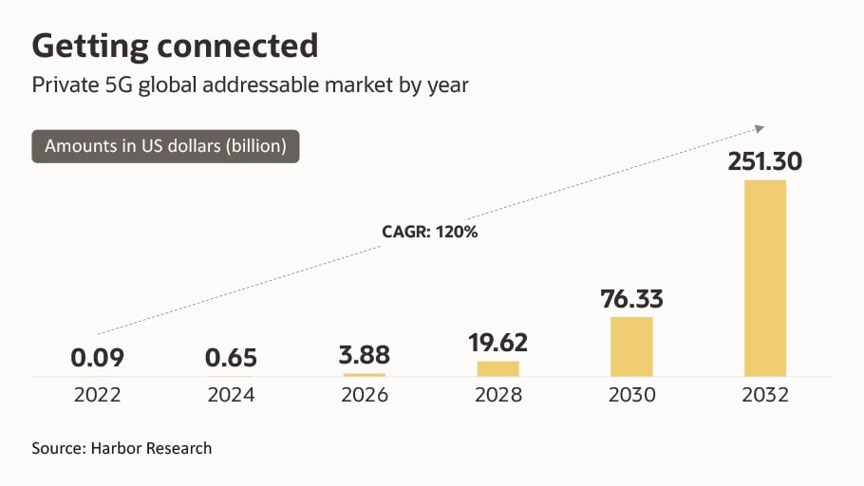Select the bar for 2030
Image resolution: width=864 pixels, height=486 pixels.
point(631,346)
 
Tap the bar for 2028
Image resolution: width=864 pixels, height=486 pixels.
point(498,368)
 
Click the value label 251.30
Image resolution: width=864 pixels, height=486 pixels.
point(765,161)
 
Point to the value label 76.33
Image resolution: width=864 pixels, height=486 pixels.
point(631,299)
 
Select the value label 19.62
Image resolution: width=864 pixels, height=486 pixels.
point(498,342)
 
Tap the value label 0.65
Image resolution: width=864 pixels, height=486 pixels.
point(231,358)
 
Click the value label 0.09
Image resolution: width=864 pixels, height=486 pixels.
point(97,358)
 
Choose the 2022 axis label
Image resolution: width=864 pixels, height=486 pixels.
point(97,395)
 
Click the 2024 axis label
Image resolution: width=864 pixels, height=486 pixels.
point(231,395)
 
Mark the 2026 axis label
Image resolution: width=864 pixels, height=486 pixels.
point(365,395)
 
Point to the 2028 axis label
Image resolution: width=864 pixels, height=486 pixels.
point(498,395)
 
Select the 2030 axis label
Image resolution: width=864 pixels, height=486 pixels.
point(631,395)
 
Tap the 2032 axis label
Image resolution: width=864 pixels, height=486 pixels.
point(765,395)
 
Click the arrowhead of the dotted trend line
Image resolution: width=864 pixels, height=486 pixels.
point(760,126)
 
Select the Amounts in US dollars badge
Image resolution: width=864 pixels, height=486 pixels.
point(165,146)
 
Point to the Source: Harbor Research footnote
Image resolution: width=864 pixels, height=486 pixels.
point(122,448)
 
